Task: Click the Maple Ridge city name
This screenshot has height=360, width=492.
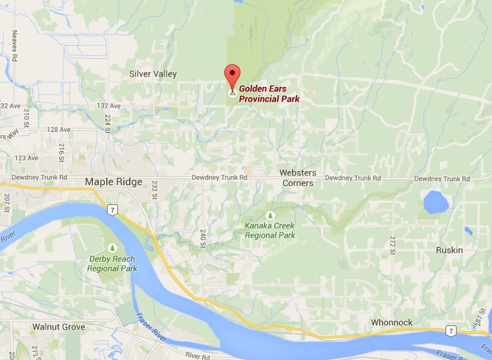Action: coord(113,181)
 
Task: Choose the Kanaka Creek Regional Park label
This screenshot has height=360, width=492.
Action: coord(270,230)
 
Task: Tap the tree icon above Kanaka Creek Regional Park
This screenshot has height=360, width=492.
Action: coord(270,215)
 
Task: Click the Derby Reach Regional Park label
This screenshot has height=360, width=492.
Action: coord(113,264)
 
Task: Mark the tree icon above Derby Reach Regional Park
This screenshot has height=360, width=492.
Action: coord(113,248)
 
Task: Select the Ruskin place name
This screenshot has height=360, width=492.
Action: coord(448,250)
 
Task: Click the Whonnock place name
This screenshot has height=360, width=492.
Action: coord(391,322)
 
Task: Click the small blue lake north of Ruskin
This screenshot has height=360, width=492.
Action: coord(435,201)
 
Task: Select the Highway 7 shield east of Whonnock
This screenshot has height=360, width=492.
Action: coord(449,330)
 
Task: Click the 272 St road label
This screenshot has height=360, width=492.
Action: coord(393,240)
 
